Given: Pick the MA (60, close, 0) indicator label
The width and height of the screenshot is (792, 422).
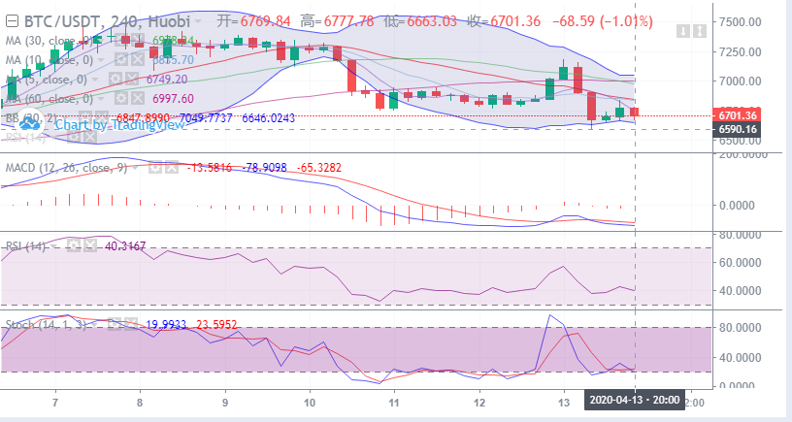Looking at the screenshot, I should (x=51, y=98).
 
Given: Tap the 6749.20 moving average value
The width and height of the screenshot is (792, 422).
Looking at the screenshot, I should (x=168, y=79).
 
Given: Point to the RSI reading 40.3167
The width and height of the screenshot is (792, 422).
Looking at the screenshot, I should (x=124, y=245).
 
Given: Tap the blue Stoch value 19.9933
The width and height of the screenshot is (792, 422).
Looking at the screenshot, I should (x=167, y=325).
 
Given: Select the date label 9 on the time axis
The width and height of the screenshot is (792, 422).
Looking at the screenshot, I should (x=225, y=401).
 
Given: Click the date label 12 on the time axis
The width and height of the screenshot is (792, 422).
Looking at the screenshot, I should (x=478, y=401).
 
